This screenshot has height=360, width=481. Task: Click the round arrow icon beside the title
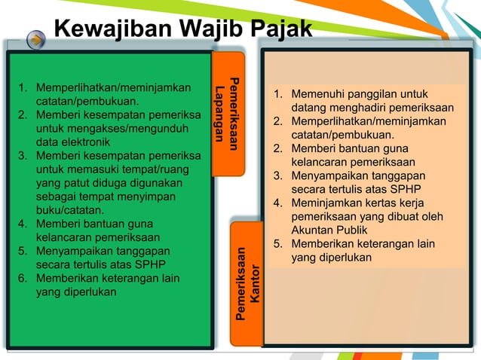[x=35, y=41]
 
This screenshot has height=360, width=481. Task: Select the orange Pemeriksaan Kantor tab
[x=247, y=283]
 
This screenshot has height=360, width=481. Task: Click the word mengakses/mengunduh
[x=127, y=128]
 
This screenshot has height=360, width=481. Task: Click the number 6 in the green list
[x=23, y=279]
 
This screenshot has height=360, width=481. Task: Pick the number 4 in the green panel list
[x=23, y=224]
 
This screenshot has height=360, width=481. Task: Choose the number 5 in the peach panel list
[x=277, y=244]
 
